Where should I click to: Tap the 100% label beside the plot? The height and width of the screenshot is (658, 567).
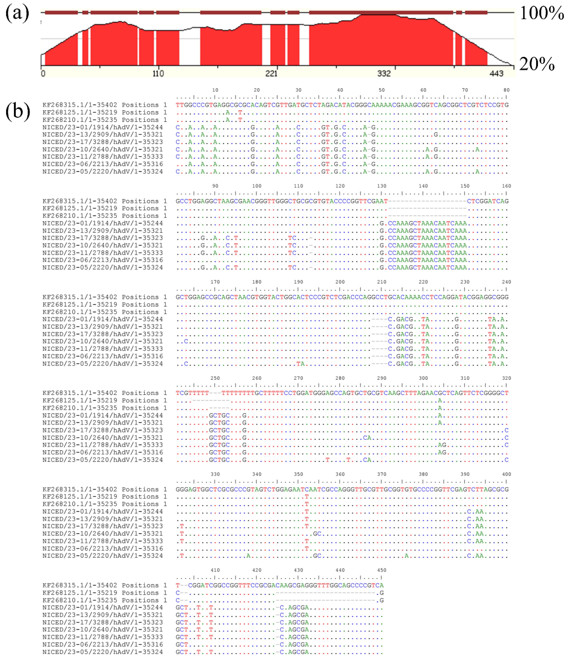[x=542, y=13]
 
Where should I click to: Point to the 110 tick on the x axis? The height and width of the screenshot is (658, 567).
[x=158, y=74]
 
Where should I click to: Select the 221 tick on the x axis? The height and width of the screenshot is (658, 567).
[x=271, y=74]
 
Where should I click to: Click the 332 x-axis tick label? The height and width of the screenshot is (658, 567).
[x=384, y=74]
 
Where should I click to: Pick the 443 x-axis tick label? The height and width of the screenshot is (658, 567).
[x=496, y=74]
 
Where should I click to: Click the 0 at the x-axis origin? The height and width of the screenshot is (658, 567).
[x=43, y=74]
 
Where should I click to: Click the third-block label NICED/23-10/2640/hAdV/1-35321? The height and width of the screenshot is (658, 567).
[x=103, y=341]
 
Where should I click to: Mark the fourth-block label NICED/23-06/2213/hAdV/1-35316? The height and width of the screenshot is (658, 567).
[x=103, y=452]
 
